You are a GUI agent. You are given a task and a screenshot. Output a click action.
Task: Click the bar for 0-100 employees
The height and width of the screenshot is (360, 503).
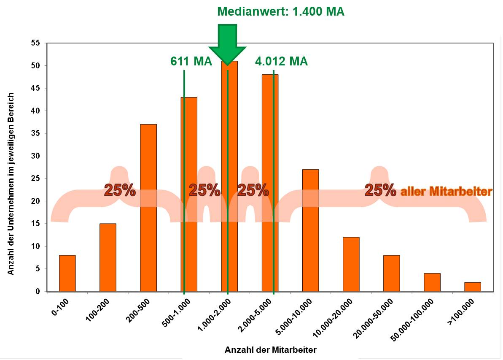pyautogui.click(x=67, y=273)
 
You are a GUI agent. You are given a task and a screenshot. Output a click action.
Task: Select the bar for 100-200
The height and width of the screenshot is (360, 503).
pyautogui.click(x=108, y=257)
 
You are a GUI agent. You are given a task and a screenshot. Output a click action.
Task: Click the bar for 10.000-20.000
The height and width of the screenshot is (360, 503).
pyautogui.click(x=351, y=264)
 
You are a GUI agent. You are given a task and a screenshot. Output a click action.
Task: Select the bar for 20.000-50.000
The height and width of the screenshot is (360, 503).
pyautogui.click(x=391, y=273)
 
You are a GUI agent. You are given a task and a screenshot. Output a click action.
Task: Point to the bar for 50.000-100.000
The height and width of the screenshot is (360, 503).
pyautogui.click(x=432, y=282)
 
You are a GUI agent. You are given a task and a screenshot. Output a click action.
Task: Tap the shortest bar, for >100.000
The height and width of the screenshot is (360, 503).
pyautogui.click(x=472, y=287)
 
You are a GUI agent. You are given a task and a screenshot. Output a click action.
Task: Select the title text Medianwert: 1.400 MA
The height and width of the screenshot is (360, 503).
pyautogui.click(x=280, y=11)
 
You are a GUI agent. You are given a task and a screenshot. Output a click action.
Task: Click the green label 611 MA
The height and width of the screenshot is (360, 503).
pyautogui.click(x=191, y=62)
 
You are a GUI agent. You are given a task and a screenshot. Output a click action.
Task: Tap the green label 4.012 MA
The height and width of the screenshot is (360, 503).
pyautogui.click(x=281, y=62)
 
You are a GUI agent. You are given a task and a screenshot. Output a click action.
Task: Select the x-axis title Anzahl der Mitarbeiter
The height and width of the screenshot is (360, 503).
pyautogui.click(x=270, y=350)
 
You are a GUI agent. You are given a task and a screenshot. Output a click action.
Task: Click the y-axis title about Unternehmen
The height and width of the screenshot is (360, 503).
pyautogui.click(x=11, y=184)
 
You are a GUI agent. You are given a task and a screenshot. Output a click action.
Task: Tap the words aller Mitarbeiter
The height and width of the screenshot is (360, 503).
pyautogui.click(x=446, y=192)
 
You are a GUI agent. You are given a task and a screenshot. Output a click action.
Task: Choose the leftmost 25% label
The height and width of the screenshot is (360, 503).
pyautogui.click(x=120, y=190)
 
